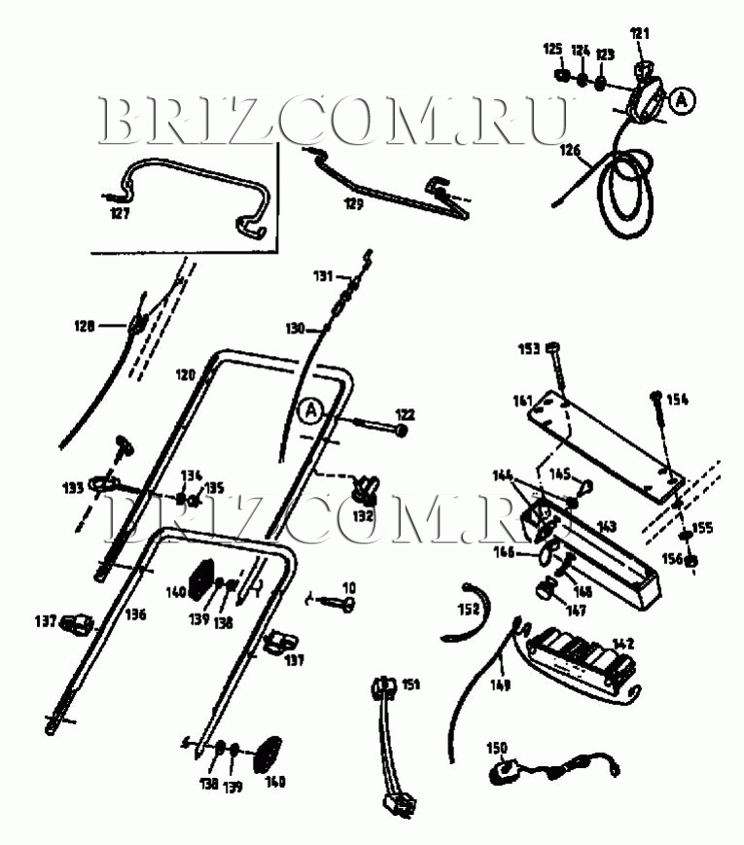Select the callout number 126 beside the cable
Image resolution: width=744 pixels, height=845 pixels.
tap(570, 150)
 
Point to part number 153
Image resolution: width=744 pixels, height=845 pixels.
tap(529, 348)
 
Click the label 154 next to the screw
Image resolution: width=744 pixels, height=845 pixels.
tap(676, 400)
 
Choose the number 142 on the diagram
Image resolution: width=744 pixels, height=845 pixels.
tap(622, 643)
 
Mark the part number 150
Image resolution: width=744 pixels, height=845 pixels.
tap(497, 748)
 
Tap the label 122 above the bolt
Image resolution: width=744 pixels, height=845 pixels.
tap(404, 414)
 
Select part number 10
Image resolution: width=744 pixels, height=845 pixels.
tap(348, 587)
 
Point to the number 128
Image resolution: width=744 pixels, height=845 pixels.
tap(84, 327)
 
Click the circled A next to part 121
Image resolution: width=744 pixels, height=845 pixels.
tap(683, 98)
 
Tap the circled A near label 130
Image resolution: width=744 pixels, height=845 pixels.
tap(310, 411)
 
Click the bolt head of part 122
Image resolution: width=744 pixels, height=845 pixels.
tap(402, 430)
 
